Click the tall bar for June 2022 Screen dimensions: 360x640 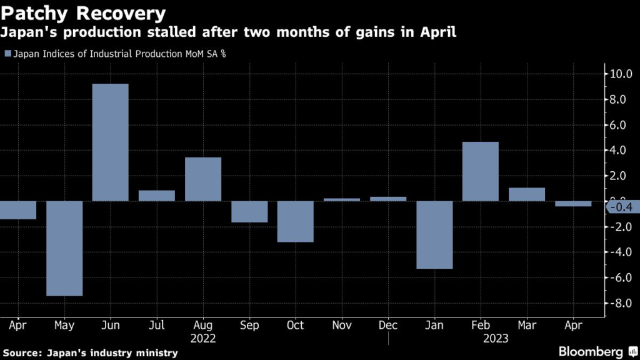111,142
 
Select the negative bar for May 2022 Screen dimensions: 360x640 64,248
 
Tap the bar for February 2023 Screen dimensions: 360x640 481,171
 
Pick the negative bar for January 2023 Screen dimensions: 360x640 434,234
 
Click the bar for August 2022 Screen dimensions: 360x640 203,179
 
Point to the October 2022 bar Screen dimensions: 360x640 296,221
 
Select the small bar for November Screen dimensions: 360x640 342,199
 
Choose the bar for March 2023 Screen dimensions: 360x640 527,194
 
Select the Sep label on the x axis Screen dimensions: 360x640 249,326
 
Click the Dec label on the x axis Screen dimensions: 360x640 388,326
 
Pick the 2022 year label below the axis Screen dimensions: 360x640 203,338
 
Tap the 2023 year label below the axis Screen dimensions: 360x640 496,338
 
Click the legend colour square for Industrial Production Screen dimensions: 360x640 7,54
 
